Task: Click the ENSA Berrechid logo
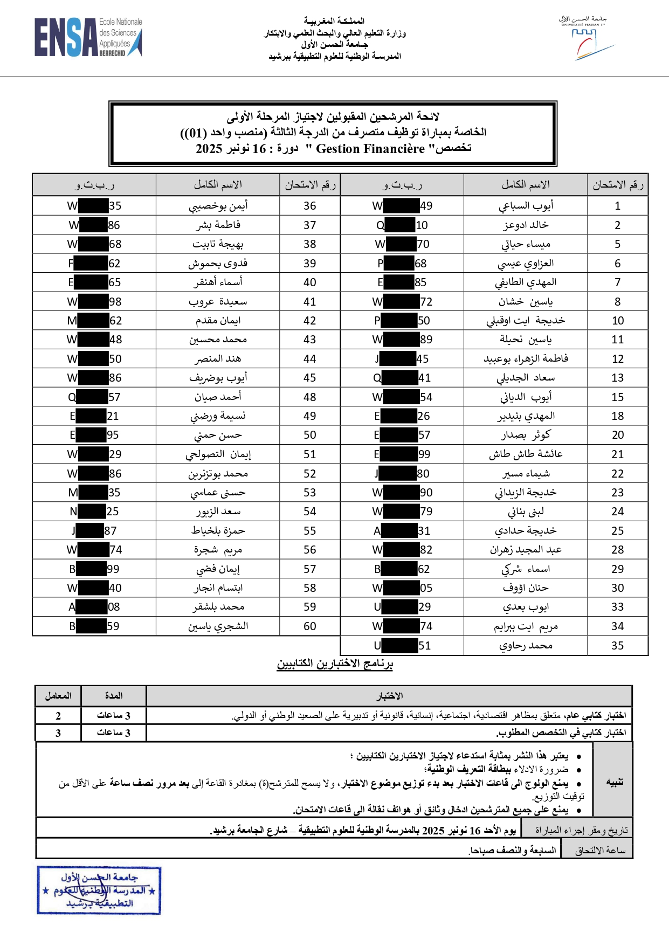[88, 37]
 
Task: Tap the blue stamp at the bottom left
[99, 890]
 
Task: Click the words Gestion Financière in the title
[370, 149]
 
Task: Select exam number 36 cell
[309, 206]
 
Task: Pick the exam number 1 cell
[617, 206]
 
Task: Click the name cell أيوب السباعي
[526, 206]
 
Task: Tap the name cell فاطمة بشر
[218, 225]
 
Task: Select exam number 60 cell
[309, 626]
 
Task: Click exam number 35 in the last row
[617, 646]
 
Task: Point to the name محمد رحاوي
[526, 646]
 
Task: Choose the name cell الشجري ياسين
[218, 626]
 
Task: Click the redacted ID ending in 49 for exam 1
[402, 206]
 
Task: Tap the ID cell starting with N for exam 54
[94, 512]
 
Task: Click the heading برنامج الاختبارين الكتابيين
[335, 664]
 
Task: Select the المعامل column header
[58, 696]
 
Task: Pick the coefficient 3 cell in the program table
[58, 733]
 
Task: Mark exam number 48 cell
[309, 397]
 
